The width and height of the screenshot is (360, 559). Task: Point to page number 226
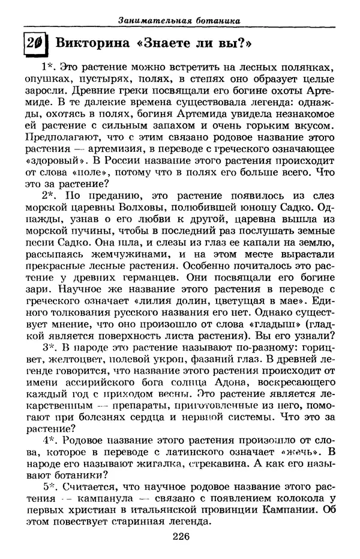pos(179,537)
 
